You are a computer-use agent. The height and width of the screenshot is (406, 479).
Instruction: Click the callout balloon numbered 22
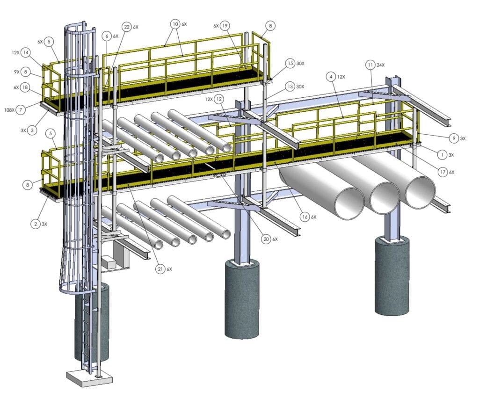pyautogui.click(x=126, y=27)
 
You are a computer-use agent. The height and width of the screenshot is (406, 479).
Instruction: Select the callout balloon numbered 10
pyautogui.click(x=175, y=23)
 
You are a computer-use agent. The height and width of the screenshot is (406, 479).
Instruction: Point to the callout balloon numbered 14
pyautogui.click(x=25, y=53)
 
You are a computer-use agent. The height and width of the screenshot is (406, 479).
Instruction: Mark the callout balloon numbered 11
pyautogui.click(x=370, y=65)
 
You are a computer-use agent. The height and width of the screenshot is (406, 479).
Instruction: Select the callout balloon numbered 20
pyautogui.click(x=266, y=239)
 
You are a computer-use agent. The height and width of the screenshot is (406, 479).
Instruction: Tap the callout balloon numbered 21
pyautogui.click(x=161, y=269)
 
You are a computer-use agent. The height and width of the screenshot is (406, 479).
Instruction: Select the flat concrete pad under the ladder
pyautogui.click(x=89, y=378)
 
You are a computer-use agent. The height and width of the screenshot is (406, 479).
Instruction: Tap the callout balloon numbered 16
pyautogui.click(x=305, y=217)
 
